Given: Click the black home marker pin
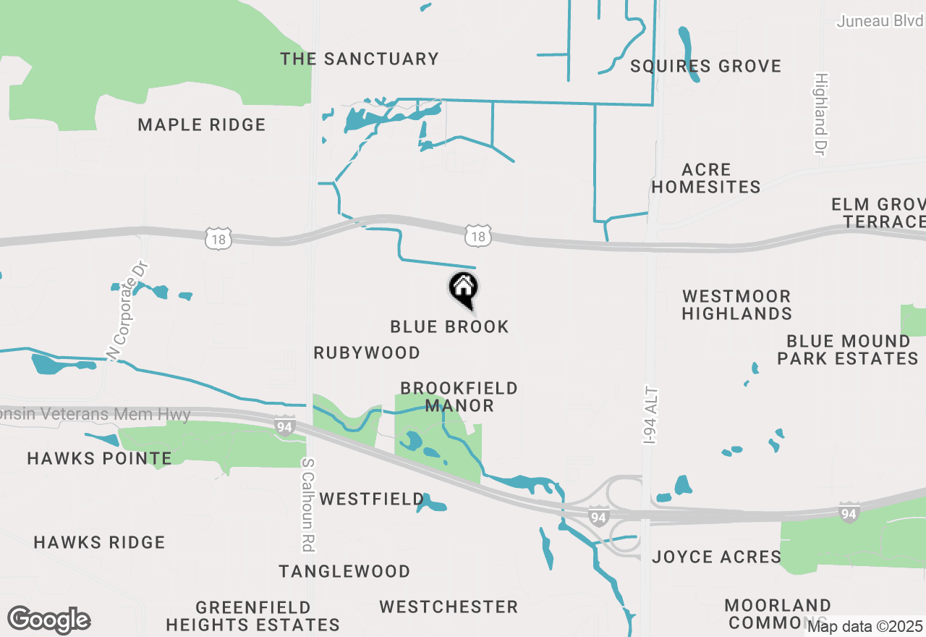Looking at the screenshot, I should (463, 290).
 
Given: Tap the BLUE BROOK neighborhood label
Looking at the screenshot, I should (449, 327).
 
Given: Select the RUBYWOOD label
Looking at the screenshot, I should (367, 353).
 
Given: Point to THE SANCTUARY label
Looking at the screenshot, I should (360, 59).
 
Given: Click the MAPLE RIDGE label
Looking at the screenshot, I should (202, 125).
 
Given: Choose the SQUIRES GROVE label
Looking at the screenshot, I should (705, 67).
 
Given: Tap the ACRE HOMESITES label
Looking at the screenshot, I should (706, 179).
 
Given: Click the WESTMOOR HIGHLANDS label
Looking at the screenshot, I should (736, 305).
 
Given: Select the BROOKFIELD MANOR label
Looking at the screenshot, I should (459, 397).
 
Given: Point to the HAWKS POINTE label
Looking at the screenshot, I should (100, 458).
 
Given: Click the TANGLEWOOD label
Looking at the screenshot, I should (344, 572).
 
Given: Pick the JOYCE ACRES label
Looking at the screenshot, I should (717, 557).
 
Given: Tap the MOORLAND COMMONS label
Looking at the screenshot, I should (777, 613).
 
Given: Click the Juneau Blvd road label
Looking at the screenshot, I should (880, 21).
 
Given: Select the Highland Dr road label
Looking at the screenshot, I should (820, 114).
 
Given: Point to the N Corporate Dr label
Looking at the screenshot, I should (127, 311).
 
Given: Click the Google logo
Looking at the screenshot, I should (49, 620).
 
